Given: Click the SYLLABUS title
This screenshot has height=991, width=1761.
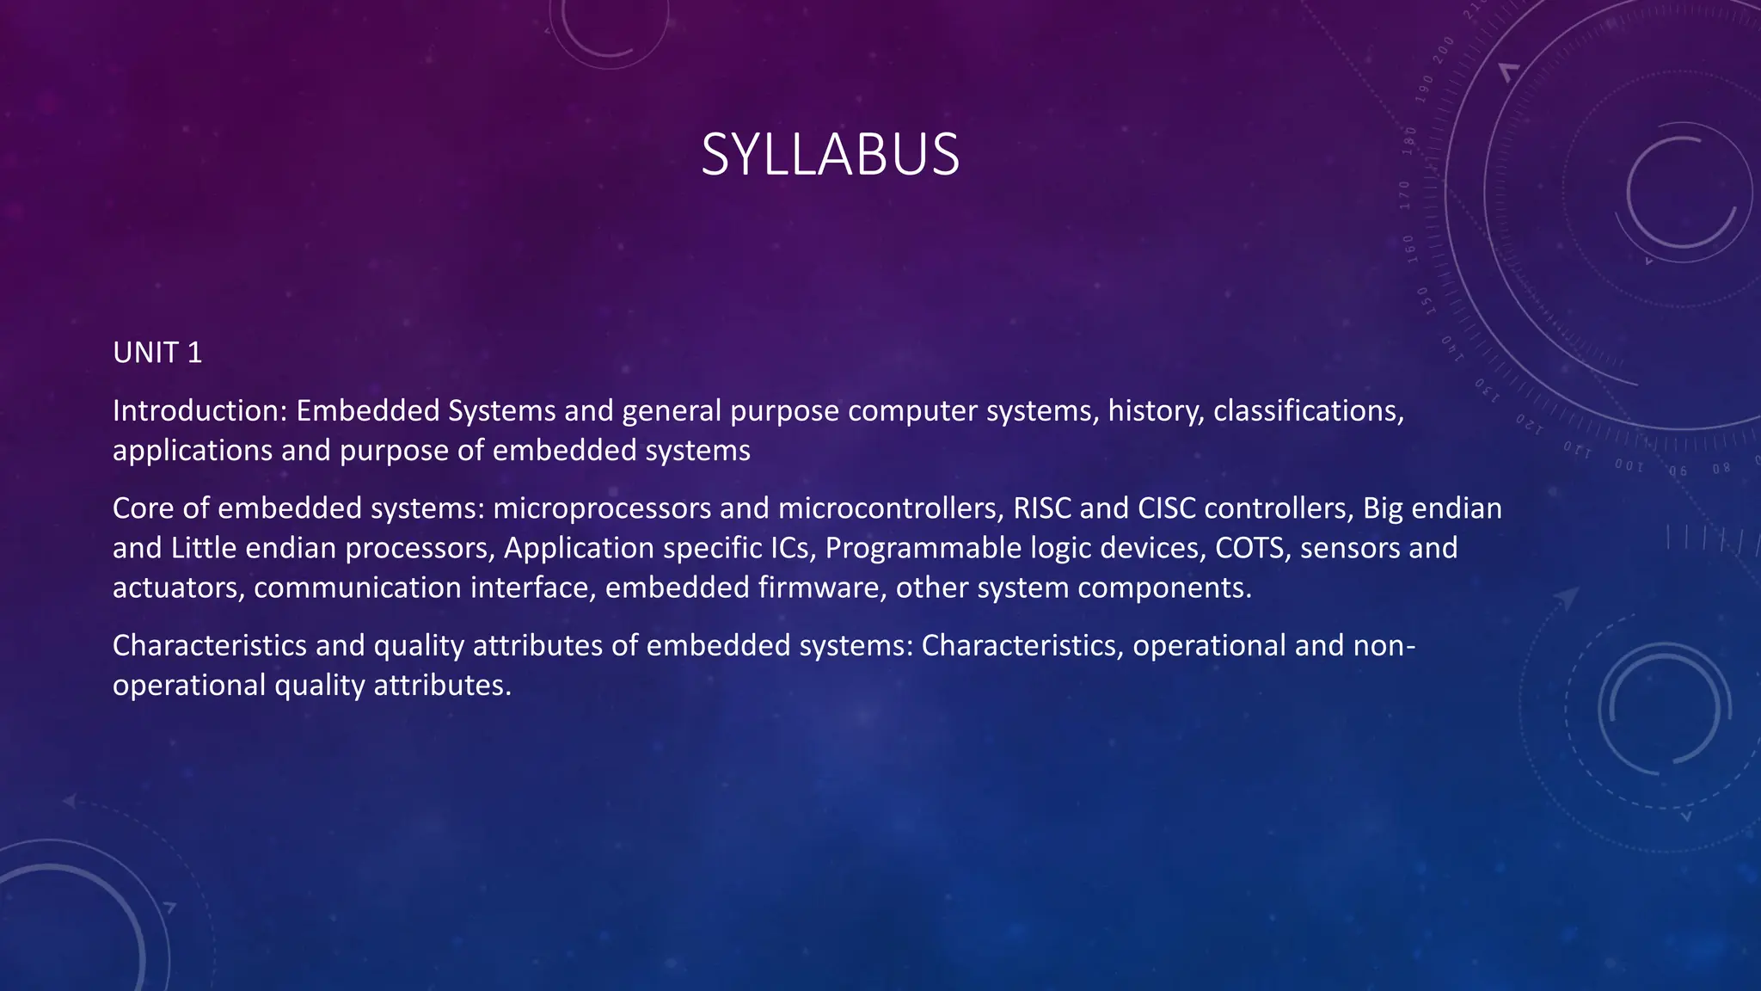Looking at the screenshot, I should click(x=830, y=155).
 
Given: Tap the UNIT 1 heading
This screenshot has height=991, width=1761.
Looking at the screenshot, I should click(x=157, y=353).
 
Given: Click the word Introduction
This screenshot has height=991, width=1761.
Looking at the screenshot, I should click(x=197, y=411).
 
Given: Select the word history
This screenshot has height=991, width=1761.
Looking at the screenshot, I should click(x=1156, y=411).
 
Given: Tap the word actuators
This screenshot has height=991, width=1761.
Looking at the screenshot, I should click(x=178, y=588).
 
